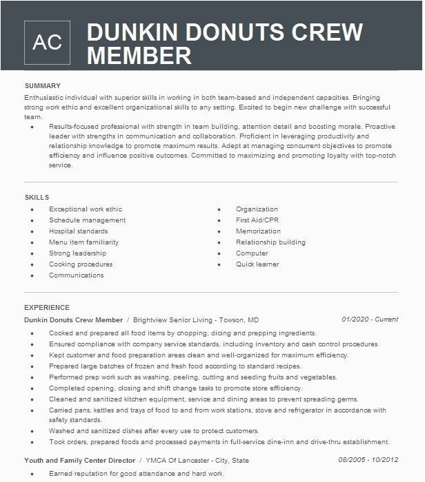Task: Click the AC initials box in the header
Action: click(47, 42)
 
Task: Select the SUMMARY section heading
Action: click(43, 86)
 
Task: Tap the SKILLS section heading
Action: click(37, 198)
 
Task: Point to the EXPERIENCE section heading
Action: click(47, 308)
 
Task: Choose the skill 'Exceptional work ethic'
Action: click(86, 209)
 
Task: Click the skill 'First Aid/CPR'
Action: click(257, 220)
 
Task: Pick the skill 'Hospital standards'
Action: click(78, 231)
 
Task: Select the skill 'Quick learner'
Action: click(257, 264)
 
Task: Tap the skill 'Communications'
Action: click(76, 275)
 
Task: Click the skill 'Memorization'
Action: click(258, 231)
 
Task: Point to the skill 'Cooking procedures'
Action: click(81, 264)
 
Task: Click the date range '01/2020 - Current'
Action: click(370, 319)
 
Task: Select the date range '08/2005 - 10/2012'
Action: click(368, 460)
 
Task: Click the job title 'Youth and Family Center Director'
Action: click(79, 460)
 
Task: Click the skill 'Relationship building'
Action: click(270, 242)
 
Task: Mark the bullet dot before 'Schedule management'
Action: click(32, 221)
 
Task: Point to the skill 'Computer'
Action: click(252, 253)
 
